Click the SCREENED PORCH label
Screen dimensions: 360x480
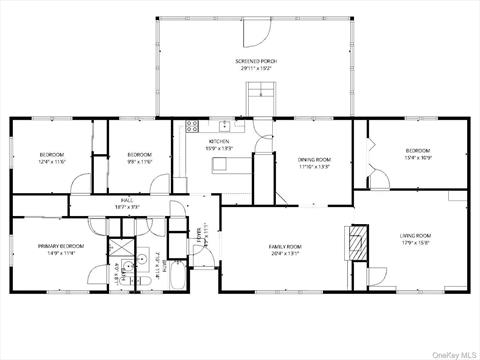pos(257,61)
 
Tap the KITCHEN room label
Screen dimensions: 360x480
pos(220,142)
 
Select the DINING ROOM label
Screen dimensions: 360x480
pos(314,160)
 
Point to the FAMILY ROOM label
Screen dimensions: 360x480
pos(284,246)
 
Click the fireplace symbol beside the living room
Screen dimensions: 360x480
pos(351,240)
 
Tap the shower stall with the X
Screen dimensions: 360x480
pos(120,249)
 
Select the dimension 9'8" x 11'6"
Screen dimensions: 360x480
pos(139,161)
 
